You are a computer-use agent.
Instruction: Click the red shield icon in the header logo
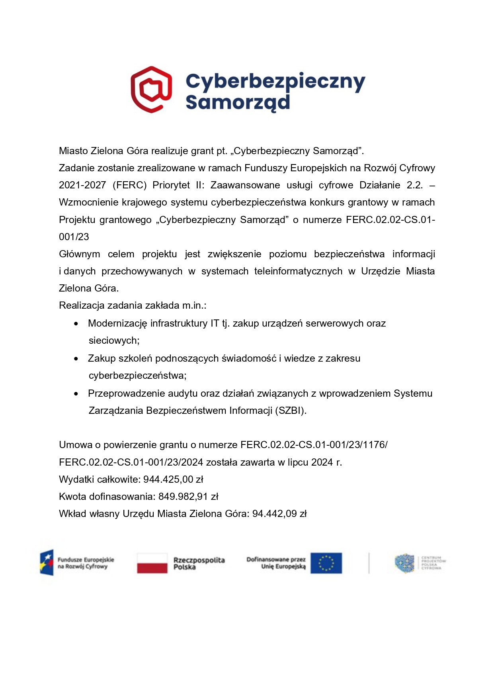151,90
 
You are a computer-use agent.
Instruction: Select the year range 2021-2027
82,185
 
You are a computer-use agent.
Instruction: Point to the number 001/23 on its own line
74,237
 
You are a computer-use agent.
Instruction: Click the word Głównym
79,254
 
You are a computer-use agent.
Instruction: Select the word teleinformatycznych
298,271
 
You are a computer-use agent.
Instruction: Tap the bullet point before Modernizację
76,324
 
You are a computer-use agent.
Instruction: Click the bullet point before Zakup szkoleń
76,359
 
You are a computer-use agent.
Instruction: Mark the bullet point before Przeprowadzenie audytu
76,394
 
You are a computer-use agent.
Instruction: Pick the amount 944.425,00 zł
173,480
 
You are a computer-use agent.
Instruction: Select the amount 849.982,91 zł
188,497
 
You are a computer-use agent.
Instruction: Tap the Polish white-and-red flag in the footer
152,563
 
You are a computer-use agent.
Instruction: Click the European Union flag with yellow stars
326,563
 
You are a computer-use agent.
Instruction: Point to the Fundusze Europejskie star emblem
47,563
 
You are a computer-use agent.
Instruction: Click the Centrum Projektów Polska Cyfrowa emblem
404,563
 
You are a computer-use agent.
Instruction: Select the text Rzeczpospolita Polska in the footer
199,563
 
